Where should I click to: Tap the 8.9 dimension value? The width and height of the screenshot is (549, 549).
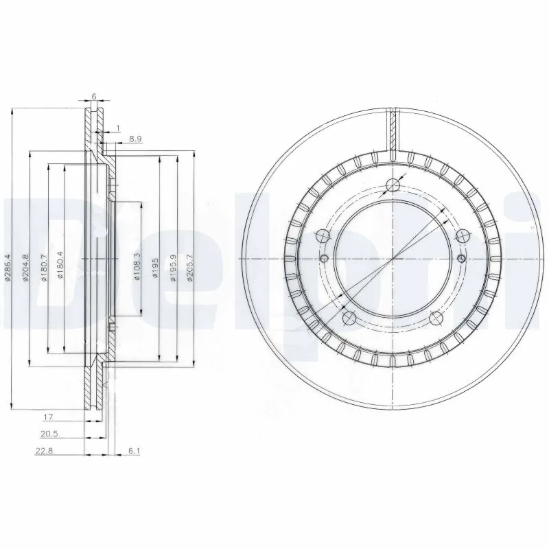[135, 139]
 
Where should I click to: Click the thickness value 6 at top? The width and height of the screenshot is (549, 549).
[93, 97]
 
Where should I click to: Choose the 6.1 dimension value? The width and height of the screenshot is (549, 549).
[135, 450]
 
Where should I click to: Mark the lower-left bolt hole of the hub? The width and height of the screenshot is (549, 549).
[349, 317]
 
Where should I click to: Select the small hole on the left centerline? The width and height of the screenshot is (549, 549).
[323, 258]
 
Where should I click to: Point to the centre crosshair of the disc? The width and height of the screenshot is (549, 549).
[393, 258]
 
